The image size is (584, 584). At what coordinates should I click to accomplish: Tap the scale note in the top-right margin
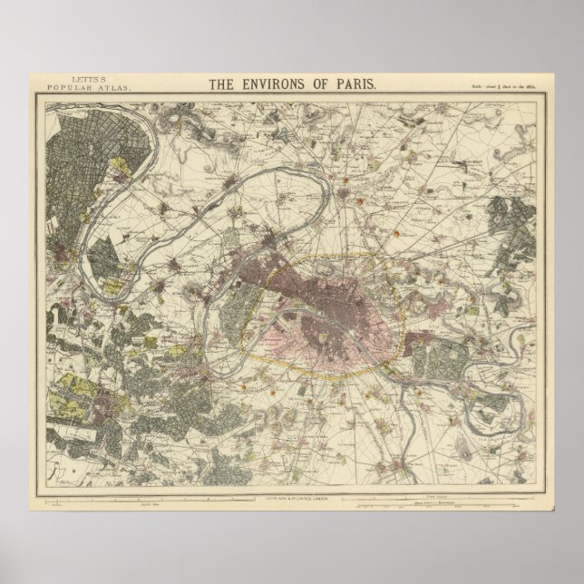click(x=509, y=87)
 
